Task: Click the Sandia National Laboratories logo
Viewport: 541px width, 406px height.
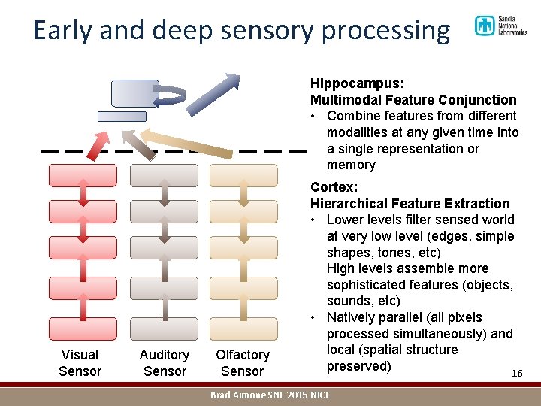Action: click(500, 27)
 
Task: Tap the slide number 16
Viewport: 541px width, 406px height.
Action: click(516, 374)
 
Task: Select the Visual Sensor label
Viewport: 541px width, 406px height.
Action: click(80, 362)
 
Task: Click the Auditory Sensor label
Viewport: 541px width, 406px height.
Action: click(165, 362)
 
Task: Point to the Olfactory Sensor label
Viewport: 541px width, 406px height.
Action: click(242, 362)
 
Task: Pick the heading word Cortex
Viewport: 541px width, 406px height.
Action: click(334, 187)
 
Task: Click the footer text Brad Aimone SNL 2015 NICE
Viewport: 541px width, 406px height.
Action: click(270, 395)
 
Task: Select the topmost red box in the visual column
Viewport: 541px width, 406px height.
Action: click(83, 175)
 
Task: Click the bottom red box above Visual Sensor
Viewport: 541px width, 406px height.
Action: click(83, 329)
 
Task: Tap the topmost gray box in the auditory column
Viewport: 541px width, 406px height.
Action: click(164, 175)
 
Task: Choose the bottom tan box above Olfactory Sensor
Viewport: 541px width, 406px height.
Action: click(243, 329)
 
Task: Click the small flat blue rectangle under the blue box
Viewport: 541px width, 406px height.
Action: click(122, 117)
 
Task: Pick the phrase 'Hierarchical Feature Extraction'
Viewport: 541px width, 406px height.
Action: click(410, 204)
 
